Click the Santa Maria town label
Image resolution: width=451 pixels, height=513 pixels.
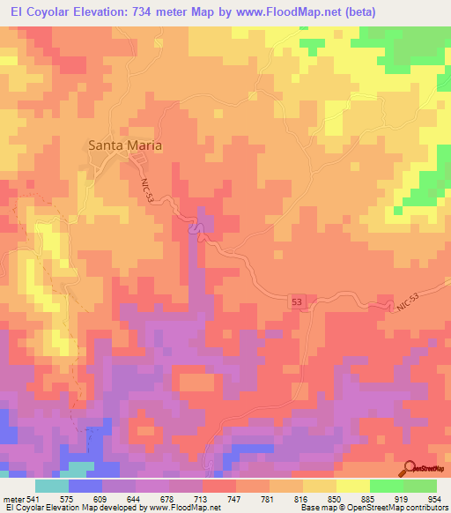(124, 145)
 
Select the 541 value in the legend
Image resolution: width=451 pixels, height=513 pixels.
(34, 498)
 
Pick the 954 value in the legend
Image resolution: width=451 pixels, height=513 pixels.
(437, 498)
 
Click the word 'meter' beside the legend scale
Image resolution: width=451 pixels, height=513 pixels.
(13, 498)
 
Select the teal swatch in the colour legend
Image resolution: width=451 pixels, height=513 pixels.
(52, 486)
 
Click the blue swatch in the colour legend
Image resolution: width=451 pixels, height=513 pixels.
(85, 486)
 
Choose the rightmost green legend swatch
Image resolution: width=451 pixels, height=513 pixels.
(420, 486)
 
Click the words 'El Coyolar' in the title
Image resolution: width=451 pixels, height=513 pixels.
(40, 11)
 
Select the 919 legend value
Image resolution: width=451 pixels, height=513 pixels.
(404, 498)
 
